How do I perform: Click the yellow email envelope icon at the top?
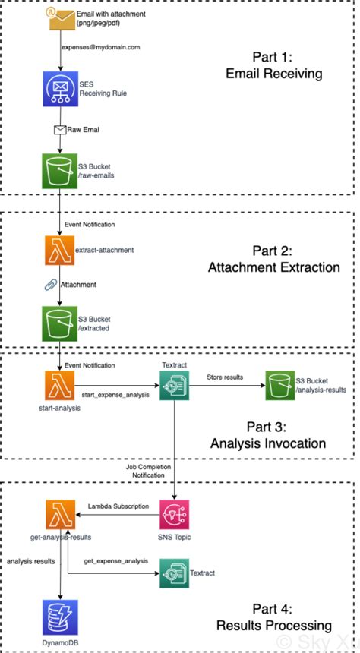[x=60, y=19]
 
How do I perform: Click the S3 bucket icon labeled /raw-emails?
[x=59, y=169]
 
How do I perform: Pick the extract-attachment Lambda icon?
[x=59, y=249]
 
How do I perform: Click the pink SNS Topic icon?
[x=175, y=515]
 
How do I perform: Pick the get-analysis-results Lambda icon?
[x=59, y=515]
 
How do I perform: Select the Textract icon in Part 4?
[x=175, y=573]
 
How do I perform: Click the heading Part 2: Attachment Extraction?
[x=275, y=258]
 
